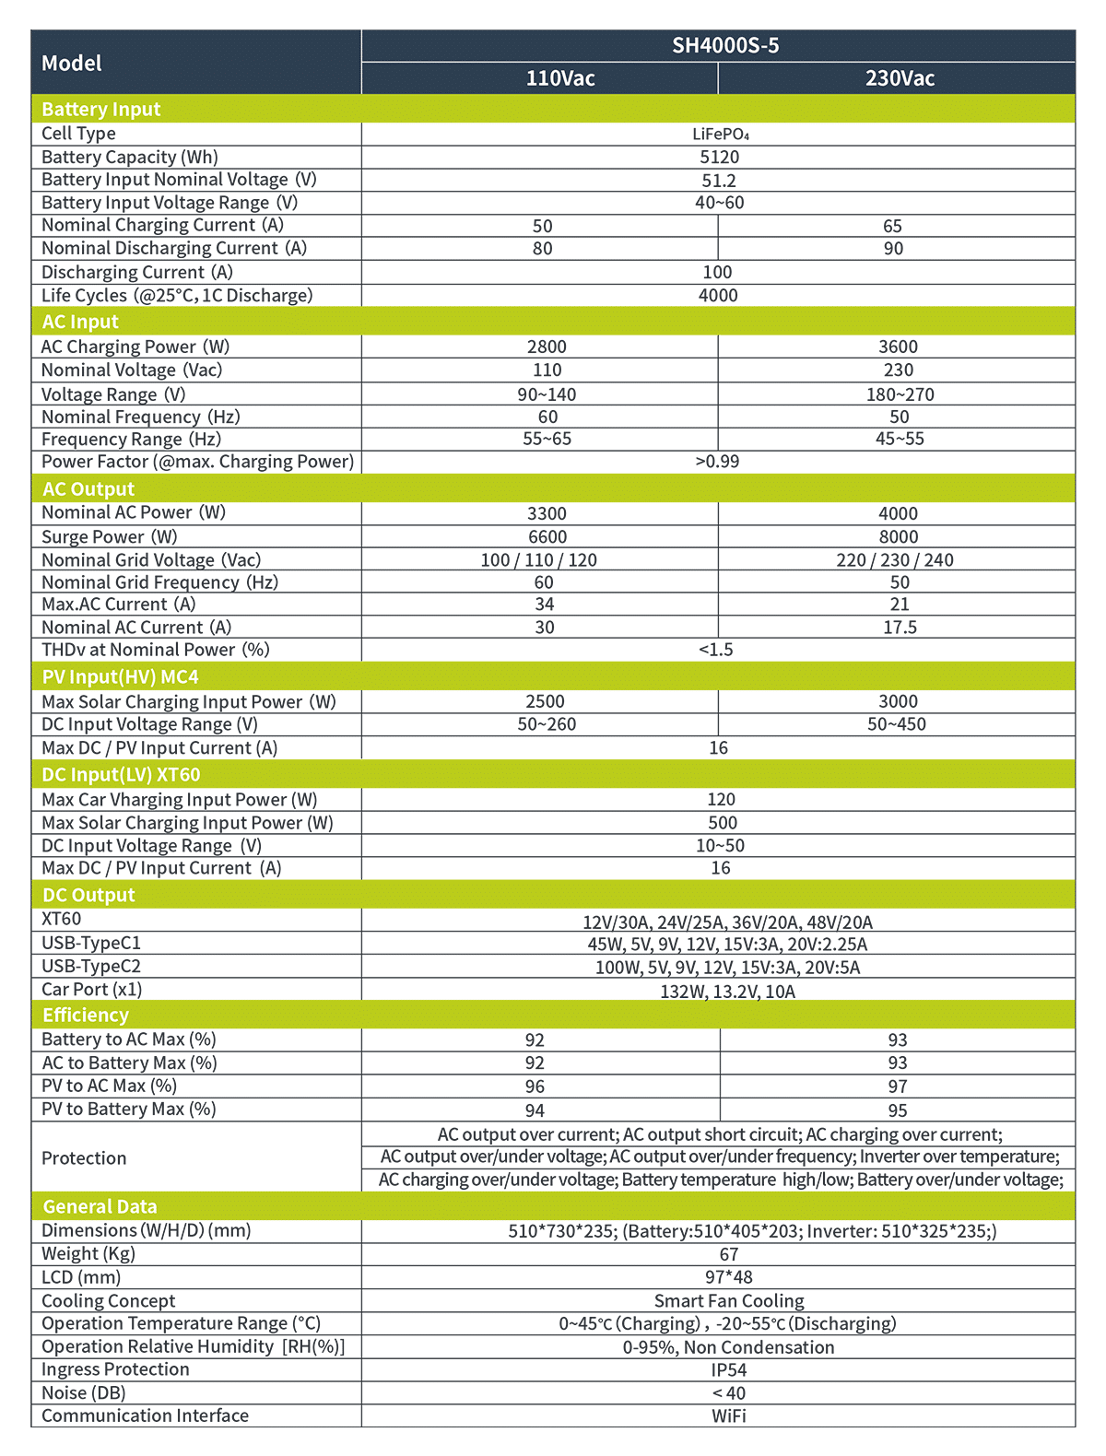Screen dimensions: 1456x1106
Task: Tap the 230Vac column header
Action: pyautogui.click(x=900, y=78)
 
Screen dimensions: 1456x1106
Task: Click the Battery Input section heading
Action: pyautogui.click(x=101, y=109)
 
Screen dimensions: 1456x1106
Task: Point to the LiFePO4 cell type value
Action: pyautogui.click(x=720, y=134)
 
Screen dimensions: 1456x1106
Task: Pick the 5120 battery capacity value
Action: pyautogui.click(x=719, y=157)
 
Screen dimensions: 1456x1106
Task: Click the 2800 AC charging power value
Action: pyautogui.click(x=547, y=346)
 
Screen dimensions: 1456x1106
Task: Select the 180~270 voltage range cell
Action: pyautogui.click(x=900, y=394)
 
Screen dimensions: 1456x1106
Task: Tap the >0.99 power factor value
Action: pyautogui.click(x=717, y=461)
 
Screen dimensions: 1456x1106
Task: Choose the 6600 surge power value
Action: pyautogui.click(x=547, y=536)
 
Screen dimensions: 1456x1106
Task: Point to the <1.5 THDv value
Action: pyautogui.click(x=716, y=650)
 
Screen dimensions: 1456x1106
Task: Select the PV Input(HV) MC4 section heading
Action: pyautogui.click(x=121, y=676)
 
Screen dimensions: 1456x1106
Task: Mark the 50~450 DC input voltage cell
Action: pyautogui.click(x=897, y=724)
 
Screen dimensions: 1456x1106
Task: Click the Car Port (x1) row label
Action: pyautogui.click(x=92, y=989)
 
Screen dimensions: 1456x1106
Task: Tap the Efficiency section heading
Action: pyautogui.click(x=86, y=1015)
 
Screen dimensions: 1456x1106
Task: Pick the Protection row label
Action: pyautogui.click(x=84, y=1157)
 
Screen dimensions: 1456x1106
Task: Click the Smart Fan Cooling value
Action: pyautogui.click(x=729, y=1300)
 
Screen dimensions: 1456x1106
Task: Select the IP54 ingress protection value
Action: pyautogui.click(x=729, y=1369)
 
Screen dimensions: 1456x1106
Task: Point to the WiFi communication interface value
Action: pyautogui.click(x=729, y=1415)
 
